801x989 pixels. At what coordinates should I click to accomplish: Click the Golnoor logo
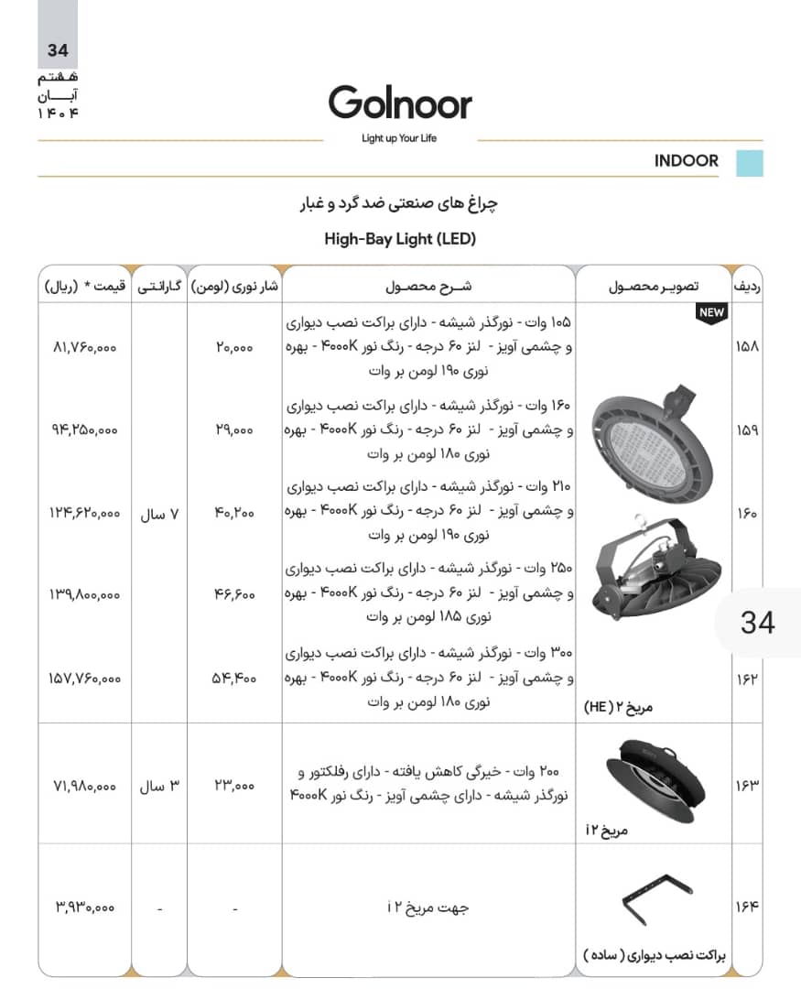coord(400,103)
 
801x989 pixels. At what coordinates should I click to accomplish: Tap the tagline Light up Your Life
coord(400,138)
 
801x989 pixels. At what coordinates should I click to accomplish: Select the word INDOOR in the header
coord(687,161)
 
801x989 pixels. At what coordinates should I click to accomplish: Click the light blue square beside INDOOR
coord(750,163)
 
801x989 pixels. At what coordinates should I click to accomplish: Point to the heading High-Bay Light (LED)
coord(400,239)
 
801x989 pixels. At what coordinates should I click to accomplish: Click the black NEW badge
coord(711,312)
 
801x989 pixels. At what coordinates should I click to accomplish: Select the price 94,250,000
coord(84,429)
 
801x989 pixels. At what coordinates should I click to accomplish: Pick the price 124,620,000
coord(84,514)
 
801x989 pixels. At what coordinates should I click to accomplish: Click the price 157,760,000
coord(84,679)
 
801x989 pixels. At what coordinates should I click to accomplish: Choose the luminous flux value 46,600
coord(235,595)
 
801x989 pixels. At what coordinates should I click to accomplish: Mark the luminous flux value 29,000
coord(235,429)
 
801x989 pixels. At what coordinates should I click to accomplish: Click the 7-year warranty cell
coord(158,514)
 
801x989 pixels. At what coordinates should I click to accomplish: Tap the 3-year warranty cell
coord(158,786)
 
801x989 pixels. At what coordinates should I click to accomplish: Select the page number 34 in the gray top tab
coord(57,51)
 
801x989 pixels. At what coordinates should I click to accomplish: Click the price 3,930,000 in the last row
coord(84,907)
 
